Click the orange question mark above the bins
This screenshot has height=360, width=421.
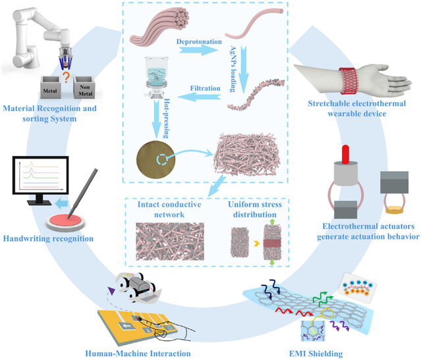pos(66,77)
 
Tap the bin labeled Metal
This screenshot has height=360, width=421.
pos(50,88)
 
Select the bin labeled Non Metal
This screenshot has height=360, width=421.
pos(84,88)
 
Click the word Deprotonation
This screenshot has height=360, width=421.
pos(199,42)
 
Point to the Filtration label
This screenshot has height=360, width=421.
pos(206,88)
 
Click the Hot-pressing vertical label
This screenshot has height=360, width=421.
pos(167,118)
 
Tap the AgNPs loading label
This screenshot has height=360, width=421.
pos(233,69)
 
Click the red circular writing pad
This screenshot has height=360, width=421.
pos(65,221)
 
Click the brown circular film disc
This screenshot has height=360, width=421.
pos(155,160)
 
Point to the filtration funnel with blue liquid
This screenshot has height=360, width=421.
pos(157,77)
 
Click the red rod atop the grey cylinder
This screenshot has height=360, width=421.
pos(345,154)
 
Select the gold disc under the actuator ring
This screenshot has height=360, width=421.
pos(395,209)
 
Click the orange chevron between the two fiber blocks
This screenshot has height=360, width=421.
pos(257,244)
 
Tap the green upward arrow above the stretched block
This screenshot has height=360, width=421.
pos(272,221)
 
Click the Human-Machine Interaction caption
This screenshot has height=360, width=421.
pos(138,353)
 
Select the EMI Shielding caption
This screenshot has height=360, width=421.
pos(316,353)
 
